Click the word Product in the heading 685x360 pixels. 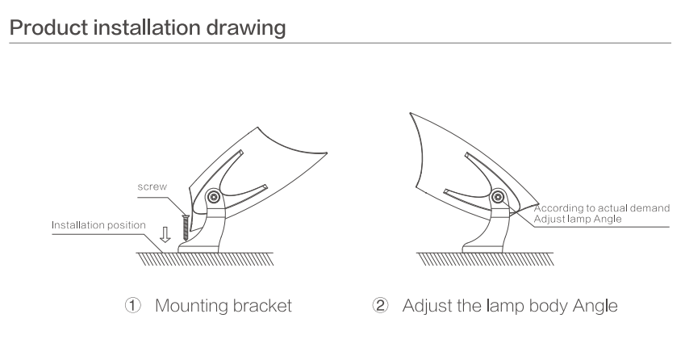pyautogui.click(x=48, y=27)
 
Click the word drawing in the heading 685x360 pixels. pyautogui.click(x=246, y=28)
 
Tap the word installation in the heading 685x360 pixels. pyautogui.click(x=147, y=27)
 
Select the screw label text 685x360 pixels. pyautogui.click(x=152, y=187)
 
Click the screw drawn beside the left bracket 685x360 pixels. pyautogui.click(x=186, y=228)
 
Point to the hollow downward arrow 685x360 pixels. pyautogui.click(x=165, y=234)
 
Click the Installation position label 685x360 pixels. pyautogui.click(x=98, y=225)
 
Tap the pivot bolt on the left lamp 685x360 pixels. pyautogui.click(x=214, y=197)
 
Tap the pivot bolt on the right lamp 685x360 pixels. pyautogui.click(x=498, y=197)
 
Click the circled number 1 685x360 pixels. pyautogui.click(x=133, y=305)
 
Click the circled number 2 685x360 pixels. pyautogui.click(x=380, y=305)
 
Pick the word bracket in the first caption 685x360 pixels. pyautogui.click(x=262, y=306)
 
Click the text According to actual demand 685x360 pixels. pyautogui.click(x=602, y=208)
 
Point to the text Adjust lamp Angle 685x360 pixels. pyautogui.click(x=578, y=219)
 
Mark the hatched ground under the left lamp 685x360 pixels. pyautogui.click(x=205, y=259)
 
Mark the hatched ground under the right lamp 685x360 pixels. pyautogui.click(x=486, y=259)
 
